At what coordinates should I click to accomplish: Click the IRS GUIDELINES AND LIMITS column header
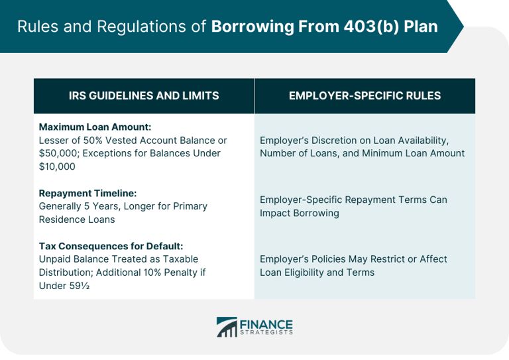click(144, 95)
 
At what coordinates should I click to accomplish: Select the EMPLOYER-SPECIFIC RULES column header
click(365, 95)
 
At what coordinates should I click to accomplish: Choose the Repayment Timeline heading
click(87, 193)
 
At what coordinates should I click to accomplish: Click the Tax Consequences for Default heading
click(111, 246)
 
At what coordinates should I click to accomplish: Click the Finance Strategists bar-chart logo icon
click(227, 327)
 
